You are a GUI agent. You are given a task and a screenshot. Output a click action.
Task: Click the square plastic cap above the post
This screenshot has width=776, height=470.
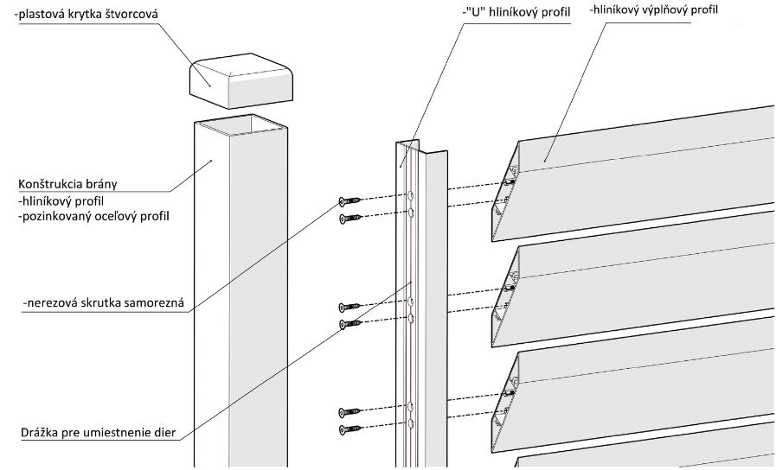[240, 80]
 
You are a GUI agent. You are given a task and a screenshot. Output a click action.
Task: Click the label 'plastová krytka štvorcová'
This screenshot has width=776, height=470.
[87, 14]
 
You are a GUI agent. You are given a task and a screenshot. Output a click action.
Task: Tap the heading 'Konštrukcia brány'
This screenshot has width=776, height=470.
[67, 184]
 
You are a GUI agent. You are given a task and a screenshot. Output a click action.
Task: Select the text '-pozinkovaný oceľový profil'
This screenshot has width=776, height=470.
[93, 216]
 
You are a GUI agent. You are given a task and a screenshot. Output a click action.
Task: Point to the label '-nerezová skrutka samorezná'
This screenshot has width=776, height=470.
[104, 302]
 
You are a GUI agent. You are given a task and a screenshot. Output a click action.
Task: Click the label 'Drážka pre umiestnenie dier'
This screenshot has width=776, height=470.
[99, 433]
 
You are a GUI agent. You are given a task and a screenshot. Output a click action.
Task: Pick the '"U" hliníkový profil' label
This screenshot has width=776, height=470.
[516, 12]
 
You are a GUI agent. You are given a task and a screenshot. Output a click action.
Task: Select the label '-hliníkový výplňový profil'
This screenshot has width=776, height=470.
[654, 10]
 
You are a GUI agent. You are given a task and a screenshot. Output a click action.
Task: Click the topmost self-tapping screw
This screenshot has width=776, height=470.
[350, 200]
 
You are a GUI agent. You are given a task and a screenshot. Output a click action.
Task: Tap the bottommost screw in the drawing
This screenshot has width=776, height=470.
[350, 429]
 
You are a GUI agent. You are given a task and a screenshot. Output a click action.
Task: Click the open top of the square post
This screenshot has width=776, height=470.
[240, 124]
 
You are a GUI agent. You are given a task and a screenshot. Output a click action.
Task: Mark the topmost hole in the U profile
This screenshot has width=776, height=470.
[410, 196]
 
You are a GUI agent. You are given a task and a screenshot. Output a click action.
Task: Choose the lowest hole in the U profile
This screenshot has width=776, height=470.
[410, 423]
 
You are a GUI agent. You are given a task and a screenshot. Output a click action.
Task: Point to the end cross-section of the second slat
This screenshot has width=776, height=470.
[505, 295]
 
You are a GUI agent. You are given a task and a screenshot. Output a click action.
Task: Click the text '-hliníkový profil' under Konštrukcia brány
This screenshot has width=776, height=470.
[61, 201]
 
